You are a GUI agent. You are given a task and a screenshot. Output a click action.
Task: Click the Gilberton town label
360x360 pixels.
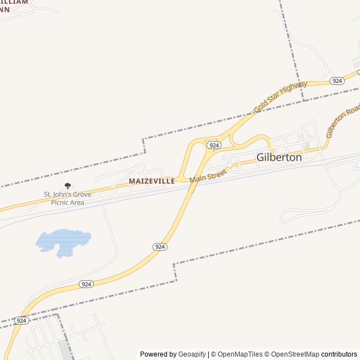pyautogui.click(x=279, y=157)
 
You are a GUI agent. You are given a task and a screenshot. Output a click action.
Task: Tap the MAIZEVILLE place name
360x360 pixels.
pyautogui.click(x=151, y=181)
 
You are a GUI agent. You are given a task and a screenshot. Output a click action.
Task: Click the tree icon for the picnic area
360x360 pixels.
pyautogui.click(x=68, y=186)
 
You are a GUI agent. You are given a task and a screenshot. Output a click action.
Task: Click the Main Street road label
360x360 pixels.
pyautogui.click(x=208, y=175)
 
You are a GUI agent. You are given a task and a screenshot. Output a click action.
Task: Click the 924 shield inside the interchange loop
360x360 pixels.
pyautogui.click(x=213, y=145)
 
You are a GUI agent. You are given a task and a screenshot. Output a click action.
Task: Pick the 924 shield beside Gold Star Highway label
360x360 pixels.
pyautogui.click(x=337, y=81)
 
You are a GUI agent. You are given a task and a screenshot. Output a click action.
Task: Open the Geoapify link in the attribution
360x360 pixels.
pyautogui.click(x=192, y=354)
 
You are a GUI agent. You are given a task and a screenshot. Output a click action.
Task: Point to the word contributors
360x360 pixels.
pyautogui.click(x=339, y=354)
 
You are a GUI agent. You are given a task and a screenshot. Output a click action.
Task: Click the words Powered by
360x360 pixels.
pyautogui.click(x=158, y=354)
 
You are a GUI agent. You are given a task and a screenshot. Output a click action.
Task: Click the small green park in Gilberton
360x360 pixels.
pyautogui.click(x=307, y=146)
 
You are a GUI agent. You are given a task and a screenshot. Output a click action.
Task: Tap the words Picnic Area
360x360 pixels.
pyautogui.click(x=67, y=202)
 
